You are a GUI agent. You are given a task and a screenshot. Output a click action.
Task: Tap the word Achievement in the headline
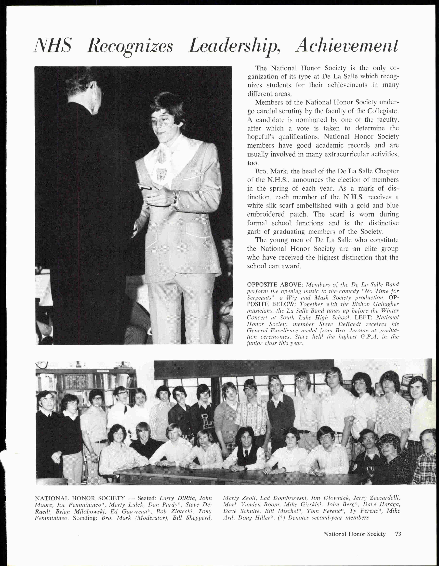(x=347, y=46)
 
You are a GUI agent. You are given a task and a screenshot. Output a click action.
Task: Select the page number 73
(x=398, y=534)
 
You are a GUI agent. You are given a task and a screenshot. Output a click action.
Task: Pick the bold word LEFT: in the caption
(x=364, y=317)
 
